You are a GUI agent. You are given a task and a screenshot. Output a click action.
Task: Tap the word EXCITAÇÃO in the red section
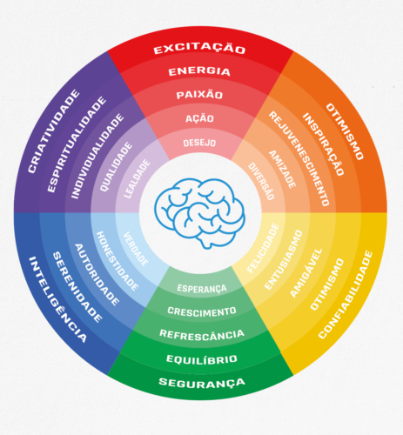coord(199,49)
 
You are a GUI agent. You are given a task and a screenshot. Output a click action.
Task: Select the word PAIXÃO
coord(199,95)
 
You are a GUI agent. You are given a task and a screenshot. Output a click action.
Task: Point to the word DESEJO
coord(199,143)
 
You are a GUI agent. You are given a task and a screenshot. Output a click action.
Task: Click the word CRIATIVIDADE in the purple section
coord(54,131)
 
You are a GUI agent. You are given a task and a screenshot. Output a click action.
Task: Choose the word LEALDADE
coord(138,178)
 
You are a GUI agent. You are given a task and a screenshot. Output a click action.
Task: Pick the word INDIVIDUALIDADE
coord(97,157)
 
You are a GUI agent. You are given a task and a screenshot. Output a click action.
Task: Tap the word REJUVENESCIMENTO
coord(299,158)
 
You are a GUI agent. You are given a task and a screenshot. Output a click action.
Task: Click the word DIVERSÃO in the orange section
coord(261,181)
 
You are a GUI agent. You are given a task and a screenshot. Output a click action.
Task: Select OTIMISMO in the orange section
coord(345,131)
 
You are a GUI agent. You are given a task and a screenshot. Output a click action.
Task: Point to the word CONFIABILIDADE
coord(346,295)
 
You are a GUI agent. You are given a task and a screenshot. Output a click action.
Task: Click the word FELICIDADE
coord(263,248)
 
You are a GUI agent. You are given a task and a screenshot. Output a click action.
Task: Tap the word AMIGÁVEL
coord(306,273)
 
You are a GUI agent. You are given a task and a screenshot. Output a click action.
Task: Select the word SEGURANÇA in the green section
coord(202,383)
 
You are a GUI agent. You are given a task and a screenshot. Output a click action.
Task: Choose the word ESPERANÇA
coord(202,288)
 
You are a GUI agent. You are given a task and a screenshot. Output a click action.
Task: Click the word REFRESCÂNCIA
coord(202,334)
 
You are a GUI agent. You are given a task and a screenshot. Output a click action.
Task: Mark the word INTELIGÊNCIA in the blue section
coord(57,299)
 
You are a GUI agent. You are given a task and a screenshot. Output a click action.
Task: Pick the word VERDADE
coord(136,249)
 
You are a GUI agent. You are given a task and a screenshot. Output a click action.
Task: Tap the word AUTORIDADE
coord(97,275)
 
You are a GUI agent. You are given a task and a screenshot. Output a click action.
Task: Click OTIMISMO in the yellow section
coord(327,284)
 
